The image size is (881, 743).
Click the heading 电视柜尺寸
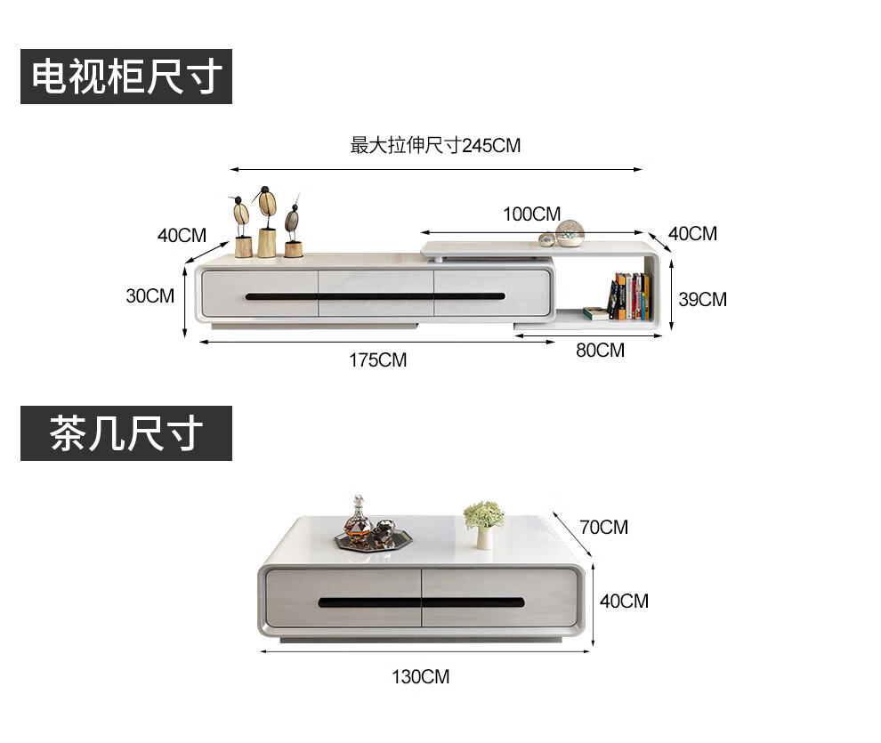point(126,77)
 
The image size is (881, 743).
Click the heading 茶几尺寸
point(126,433)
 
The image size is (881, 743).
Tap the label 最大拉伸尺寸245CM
point(435,145)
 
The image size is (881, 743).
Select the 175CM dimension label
point(377,360)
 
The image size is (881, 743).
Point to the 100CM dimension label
point(531,214)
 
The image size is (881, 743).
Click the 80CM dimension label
point(600,351)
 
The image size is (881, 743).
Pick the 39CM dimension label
point(702,299)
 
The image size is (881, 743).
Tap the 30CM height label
point(150,295)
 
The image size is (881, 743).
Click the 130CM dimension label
point(421,677)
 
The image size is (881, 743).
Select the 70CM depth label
point(603,527)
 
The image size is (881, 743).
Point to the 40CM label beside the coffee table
point(624,601)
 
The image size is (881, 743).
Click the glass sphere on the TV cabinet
point(570,233)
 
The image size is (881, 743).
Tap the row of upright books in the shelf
point(631,296)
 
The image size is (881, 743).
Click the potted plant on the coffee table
point(483,524)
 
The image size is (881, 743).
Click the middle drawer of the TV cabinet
point(376,293)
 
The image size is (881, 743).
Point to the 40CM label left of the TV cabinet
point(182,236)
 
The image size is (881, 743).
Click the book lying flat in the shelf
point(596,312)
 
